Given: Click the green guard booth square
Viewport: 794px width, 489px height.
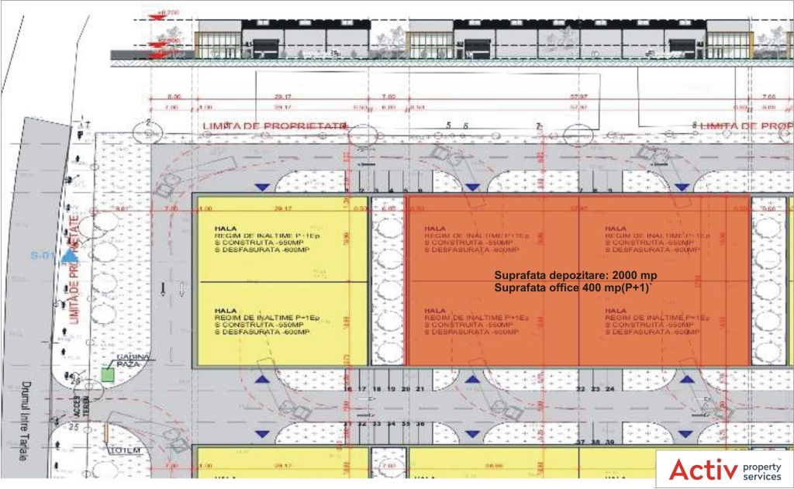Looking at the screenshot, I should [x=108, y=374].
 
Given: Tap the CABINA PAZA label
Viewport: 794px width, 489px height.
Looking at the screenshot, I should [x=132, y=360].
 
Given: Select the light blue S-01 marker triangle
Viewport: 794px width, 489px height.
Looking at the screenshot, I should [x=70, y=254].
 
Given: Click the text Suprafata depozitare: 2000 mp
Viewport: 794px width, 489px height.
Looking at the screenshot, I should [x=575, y=276].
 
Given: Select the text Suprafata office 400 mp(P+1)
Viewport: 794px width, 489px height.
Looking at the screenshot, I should [x=575, y=288].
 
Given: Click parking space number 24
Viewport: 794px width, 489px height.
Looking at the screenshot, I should [x=610, y=388].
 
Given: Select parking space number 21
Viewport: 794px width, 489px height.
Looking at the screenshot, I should [x=420, y=388].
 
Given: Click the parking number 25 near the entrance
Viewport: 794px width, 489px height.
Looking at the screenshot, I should [x=75, y=378].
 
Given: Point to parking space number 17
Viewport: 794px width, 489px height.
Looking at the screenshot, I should [x=362, y=388].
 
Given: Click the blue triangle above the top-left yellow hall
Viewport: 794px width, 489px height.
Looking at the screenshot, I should [x=264, y=186].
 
